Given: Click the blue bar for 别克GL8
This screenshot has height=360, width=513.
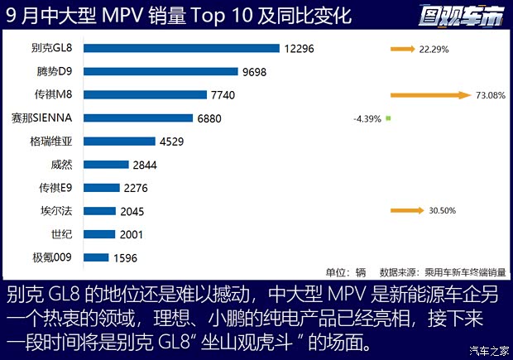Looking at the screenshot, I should [x=182, y=49].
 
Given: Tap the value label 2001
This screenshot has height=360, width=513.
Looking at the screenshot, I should [x=131, y=234].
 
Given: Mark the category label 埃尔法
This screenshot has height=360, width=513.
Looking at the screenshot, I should [x=57, y=211].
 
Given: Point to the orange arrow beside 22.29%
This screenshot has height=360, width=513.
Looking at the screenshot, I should [x=403, y=50].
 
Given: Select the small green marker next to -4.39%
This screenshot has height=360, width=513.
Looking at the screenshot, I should [x=388, y=118].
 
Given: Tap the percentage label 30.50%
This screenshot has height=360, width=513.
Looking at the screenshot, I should [x=442, y=211].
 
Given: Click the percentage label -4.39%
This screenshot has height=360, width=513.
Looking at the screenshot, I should [x=367, y=118].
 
